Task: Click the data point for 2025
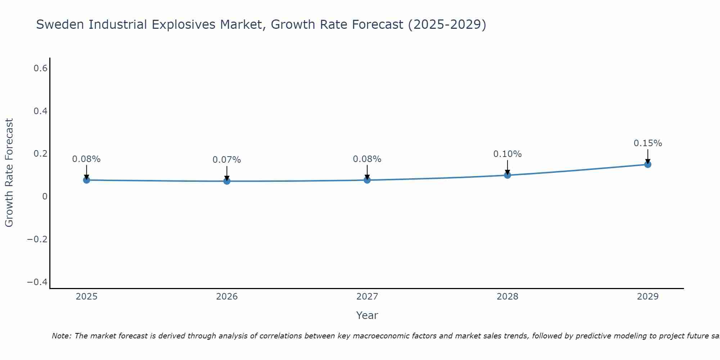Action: (86, 180)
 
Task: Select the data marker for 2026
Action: (227, 181)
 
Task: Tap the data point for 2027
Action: (367, 180)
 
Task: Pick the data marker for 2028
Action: (507, 175)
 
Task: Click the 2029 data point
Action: (648, 165)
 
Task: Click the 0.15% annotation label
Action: (648, 143)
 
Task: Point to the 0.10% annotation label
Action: (507, 154)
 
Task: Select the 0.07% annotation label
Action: (227, 160)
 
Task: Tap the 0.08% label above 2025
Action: (86, 159)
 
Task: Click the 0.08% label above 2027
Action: (367, 159)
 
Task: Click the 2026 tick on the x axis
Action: (227, 297)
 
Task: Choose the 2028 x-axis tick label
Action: (507, 297)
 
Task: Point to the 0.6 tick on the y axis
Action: (41, 68)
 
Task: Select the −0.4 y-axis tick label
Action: (37, 282)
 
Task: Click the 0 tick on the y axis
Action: (45, 197)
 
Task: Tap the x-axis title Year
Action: (367, 316)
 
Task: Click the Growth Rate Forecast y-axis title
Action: (9, 173)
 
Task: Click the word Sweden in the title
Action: (60, 25)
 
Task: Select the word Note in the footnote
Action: (61, 336)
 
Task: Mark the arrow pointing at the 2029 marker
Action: (648, 157)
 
